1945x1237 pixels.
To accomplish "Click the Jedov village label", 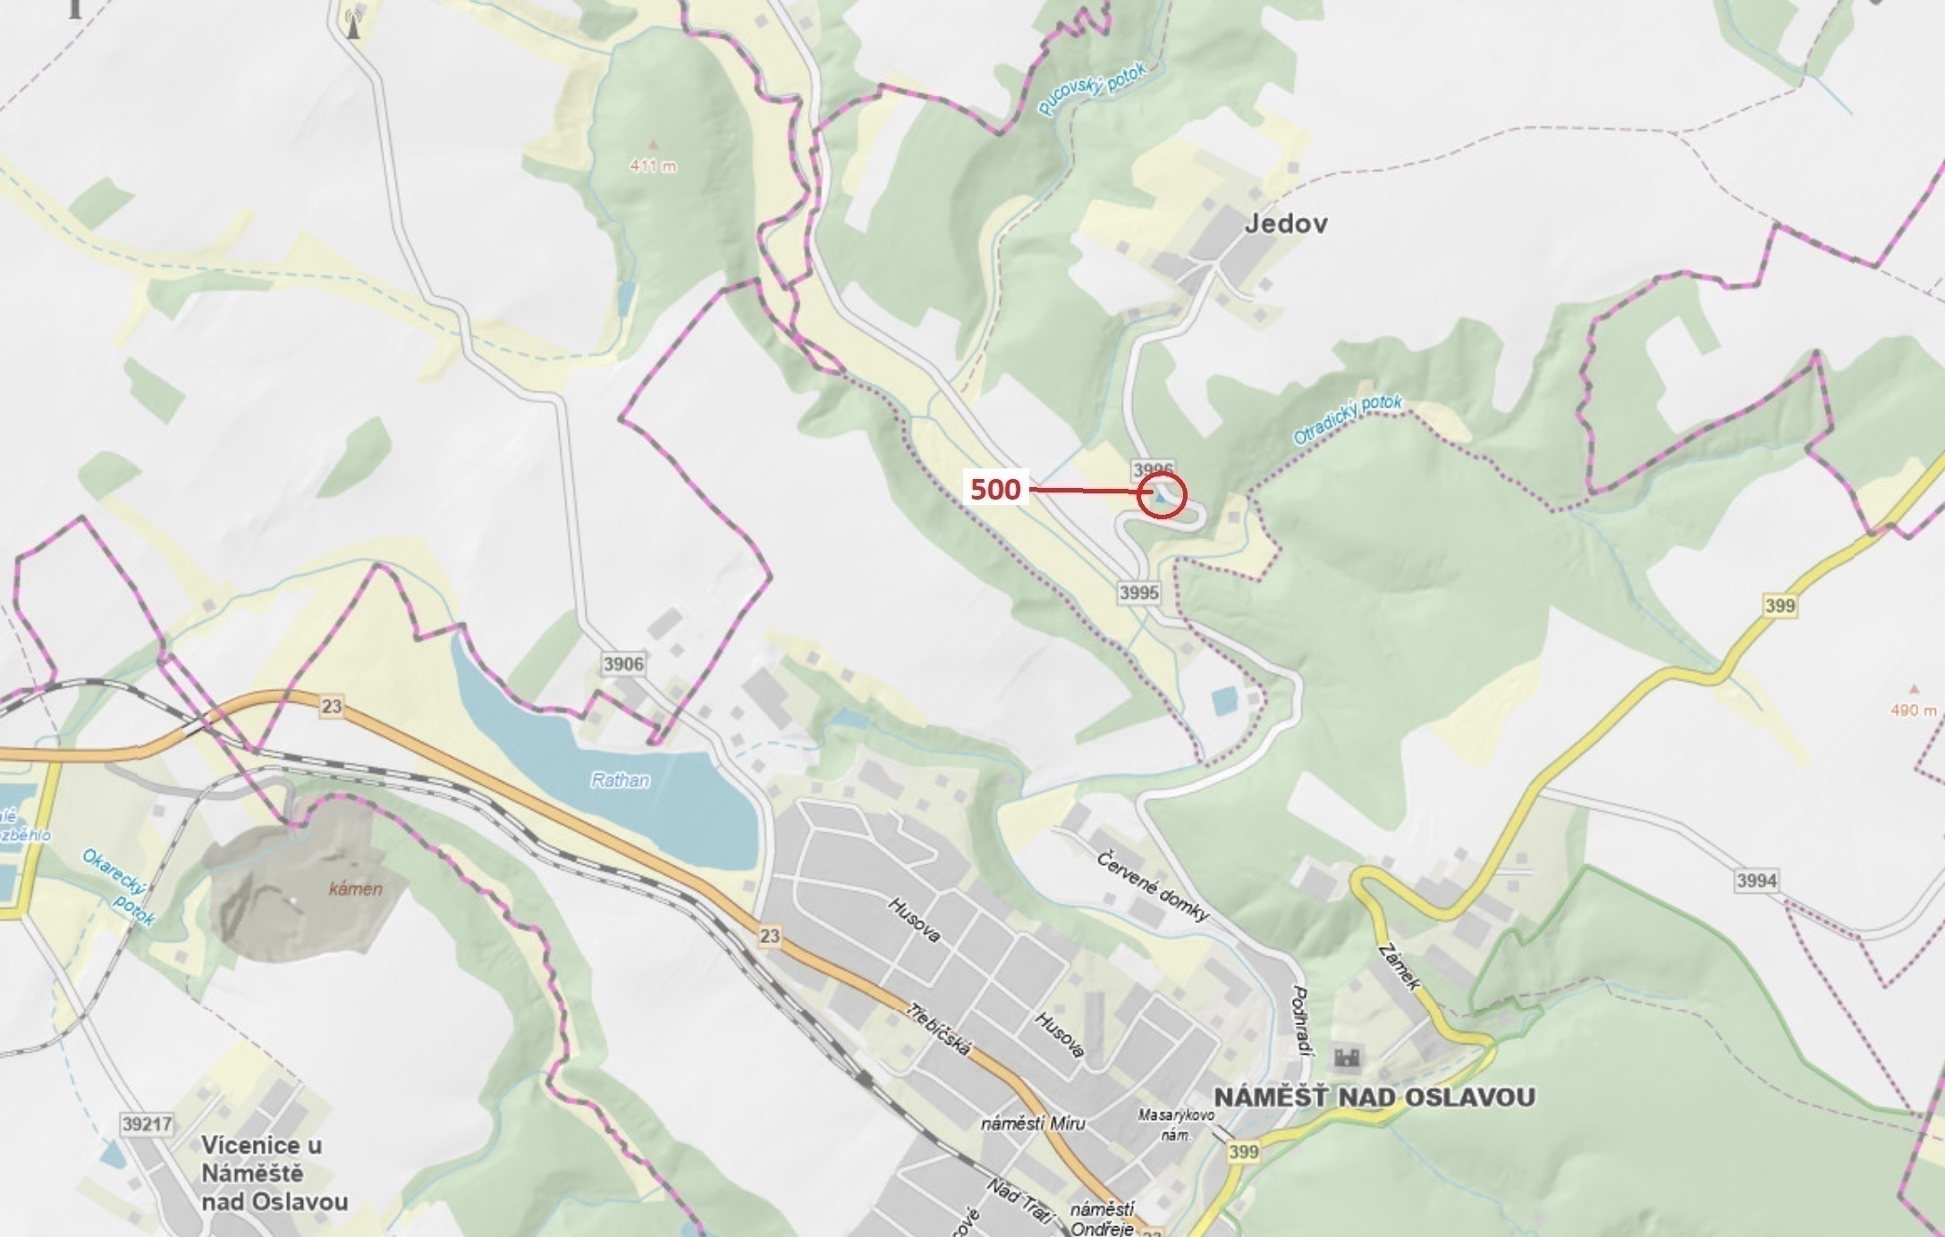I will point(1285,223).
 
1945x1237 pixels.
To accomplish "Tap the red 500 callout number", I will point(995,489).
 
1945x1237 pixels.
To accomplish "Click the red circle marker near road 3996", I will point(1162,494).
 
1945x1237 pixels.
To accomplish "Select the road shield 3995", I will point(1138,593).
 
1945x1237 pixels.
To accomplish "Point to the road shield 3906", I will point(623,664).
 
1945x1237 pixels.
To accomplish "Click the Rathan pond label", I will point(620,780).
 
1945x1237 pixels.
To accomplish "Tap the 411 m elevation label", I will point(653,165).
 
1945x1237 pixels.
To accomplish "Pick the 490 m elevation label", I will point(1913,711).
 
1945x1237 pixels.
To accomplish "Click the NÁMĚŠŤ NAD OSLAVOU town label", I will point(1374,1098).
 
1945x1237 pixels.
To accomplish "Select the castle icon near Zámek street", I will point(1347,1058).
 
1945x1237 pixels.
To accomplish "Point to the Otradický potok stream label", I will point(1348,419).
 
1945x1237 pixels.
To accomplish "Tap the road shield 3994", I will point(1756,880).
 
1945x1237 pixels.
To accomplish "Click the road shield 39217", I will point(147,1123).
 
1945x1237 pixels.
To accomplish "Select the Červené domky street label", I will point(1153,887).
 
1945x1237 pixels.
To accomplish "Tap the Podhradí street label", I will point(1301,1021).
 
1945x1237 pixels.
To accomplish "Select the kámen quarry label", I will point(355,889).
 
